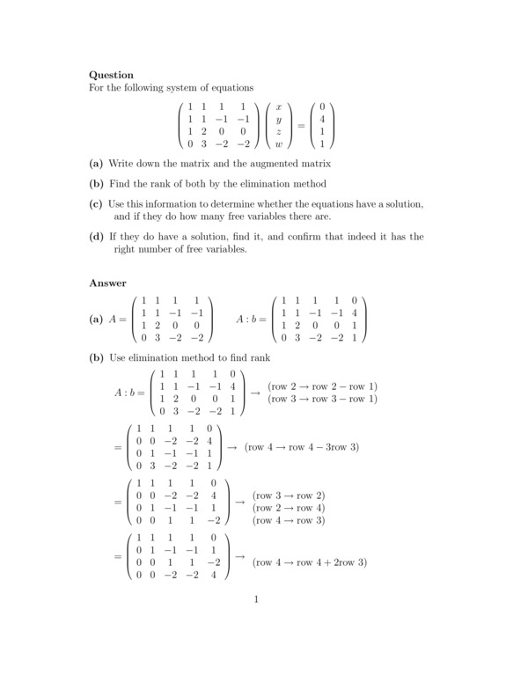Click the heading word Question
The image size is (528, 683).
click(x=112, y=76)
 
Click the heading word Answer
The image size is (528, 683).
click(x=108, y=283)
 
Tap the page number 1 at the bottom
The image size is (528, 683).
click(x=255, y=601)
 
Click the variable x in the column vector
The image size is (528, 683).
click(x=279, y=106)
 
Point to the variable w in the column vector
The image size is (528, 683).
click(x=279, y=143)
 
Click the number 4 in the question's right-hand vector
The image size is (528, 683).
click(x=323, y=118)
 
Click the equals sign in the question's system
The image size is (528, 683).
click(x=301, y=125)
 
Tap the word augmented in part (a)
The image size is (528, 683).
click(x=275, y=164)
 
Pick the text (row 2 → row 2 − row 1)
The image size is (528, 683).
click(x=322, y=386)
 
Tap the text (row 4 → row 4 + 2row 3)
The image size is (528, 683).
click(x=309, y=562)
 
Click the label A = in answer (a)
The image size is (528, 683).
click(x=119, y=319)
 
